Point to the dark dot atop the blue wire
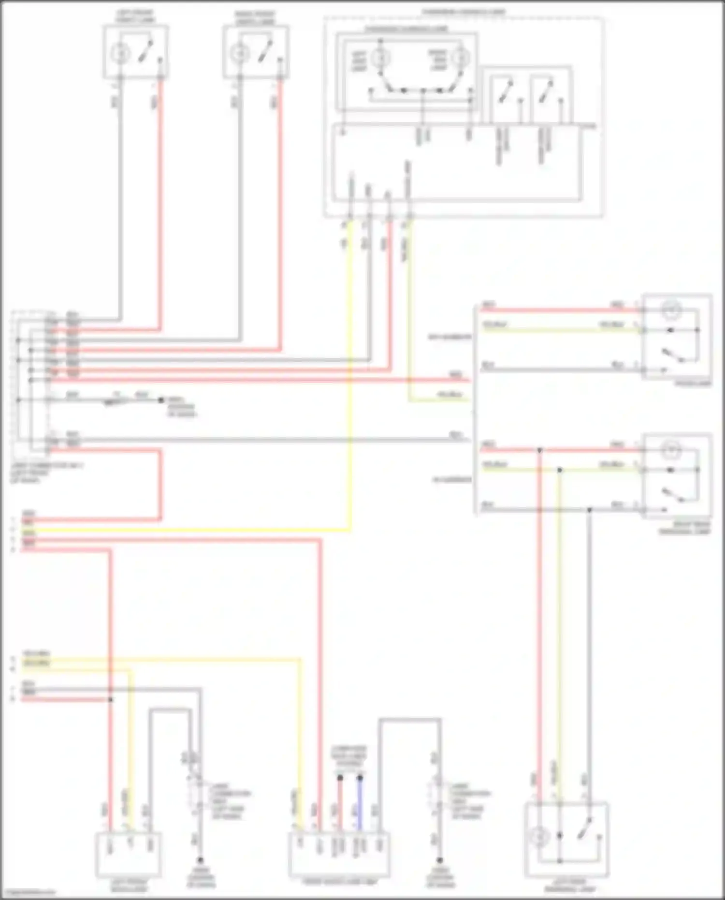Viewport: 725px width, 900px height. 360,778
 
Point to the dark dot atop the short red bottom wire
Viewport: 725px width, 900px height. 340,778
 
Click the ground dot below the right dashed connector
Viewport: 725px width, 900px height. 439,860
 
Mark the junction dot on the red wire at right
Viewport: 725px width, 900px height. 540,450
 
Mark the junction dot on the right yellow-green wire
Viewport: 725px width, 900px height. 559,470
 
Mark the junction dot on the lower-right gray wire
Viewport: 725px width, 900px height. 589,510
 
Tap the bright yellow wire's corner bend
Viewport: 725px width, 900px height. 349,531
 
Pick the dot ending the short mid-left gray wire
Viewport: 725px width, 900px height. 161,400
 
